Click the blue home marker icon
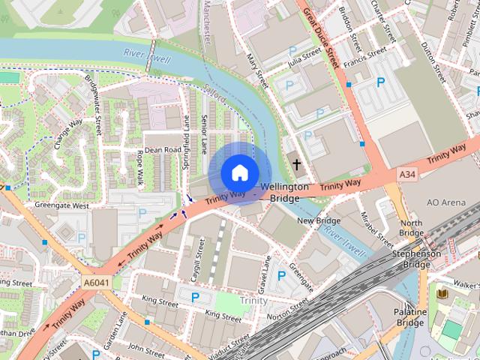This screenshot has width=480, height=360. coord(239,172)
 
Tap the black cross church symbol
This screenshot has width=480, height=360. coord(296,163)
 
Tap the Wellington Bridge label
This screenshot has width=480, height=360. coord(284,191)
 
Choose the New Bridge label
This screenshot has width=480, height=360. coord(319,220)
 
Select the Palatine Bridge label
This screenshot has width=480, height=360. coord(410,317)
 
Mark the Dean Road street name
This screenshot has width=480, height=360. coord(163,150)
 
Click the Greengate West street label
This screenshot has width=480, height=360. coord(61,205)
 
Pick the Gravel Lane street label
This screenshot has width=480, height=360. coord(265,274)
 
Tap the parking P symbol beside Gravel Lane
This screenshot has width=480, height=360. coord(281,276)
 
